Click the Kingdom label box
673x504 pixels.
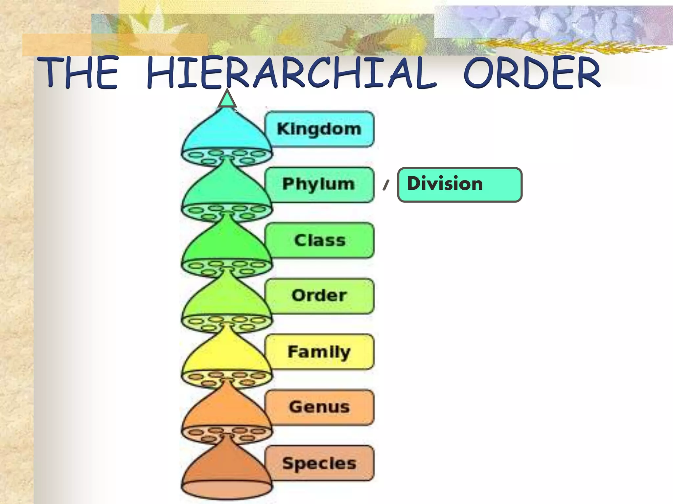pos(319,129)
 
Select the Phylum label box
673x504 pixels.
pos(319,184)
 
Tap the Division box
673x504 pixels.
pos(459,184)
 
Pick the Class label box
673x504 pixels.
pos(319,240)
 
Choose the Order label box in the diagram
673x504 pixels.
pos(319,296)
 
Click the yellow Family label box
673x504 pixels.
pos(319,351)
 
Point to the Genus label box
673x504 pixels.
pos(319,407)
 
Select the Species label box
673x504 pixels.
pos(319,463)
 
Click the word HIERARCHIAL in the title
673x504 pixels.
pos(291,73)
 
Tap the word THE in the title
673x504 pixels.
pos(78,73)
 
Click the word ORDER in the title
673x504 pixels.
pos(531,73)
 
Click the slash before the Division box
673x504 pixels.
pos(386,185)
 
